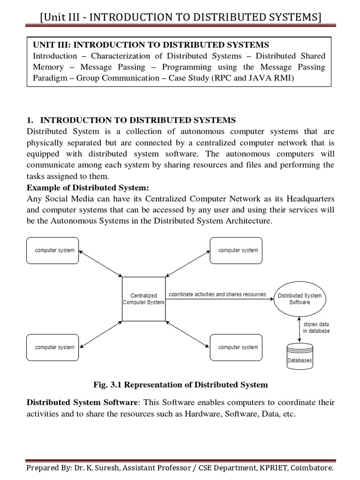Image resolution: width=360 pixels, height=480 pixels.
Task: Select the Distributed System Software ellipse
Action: (x=300, y=299)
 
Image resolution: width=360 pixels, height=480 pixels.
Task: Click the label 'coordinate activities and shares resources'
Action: (x=217, y=294)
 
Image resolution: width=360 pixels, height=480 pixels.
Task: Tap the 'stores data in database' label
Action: (x=316, y=327)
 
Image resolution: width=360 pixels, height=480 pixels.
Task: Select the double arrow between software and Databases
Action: (x=300, y=329)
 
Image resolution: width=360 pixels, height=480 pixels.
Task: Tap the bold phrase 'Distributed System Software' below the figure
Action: (x=82, y=403)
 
